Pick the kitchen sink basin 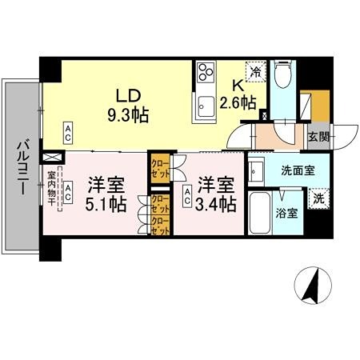click(205, 103)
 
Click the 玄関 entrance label click(317, 136)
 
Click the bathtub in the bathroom click(259, 213)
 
